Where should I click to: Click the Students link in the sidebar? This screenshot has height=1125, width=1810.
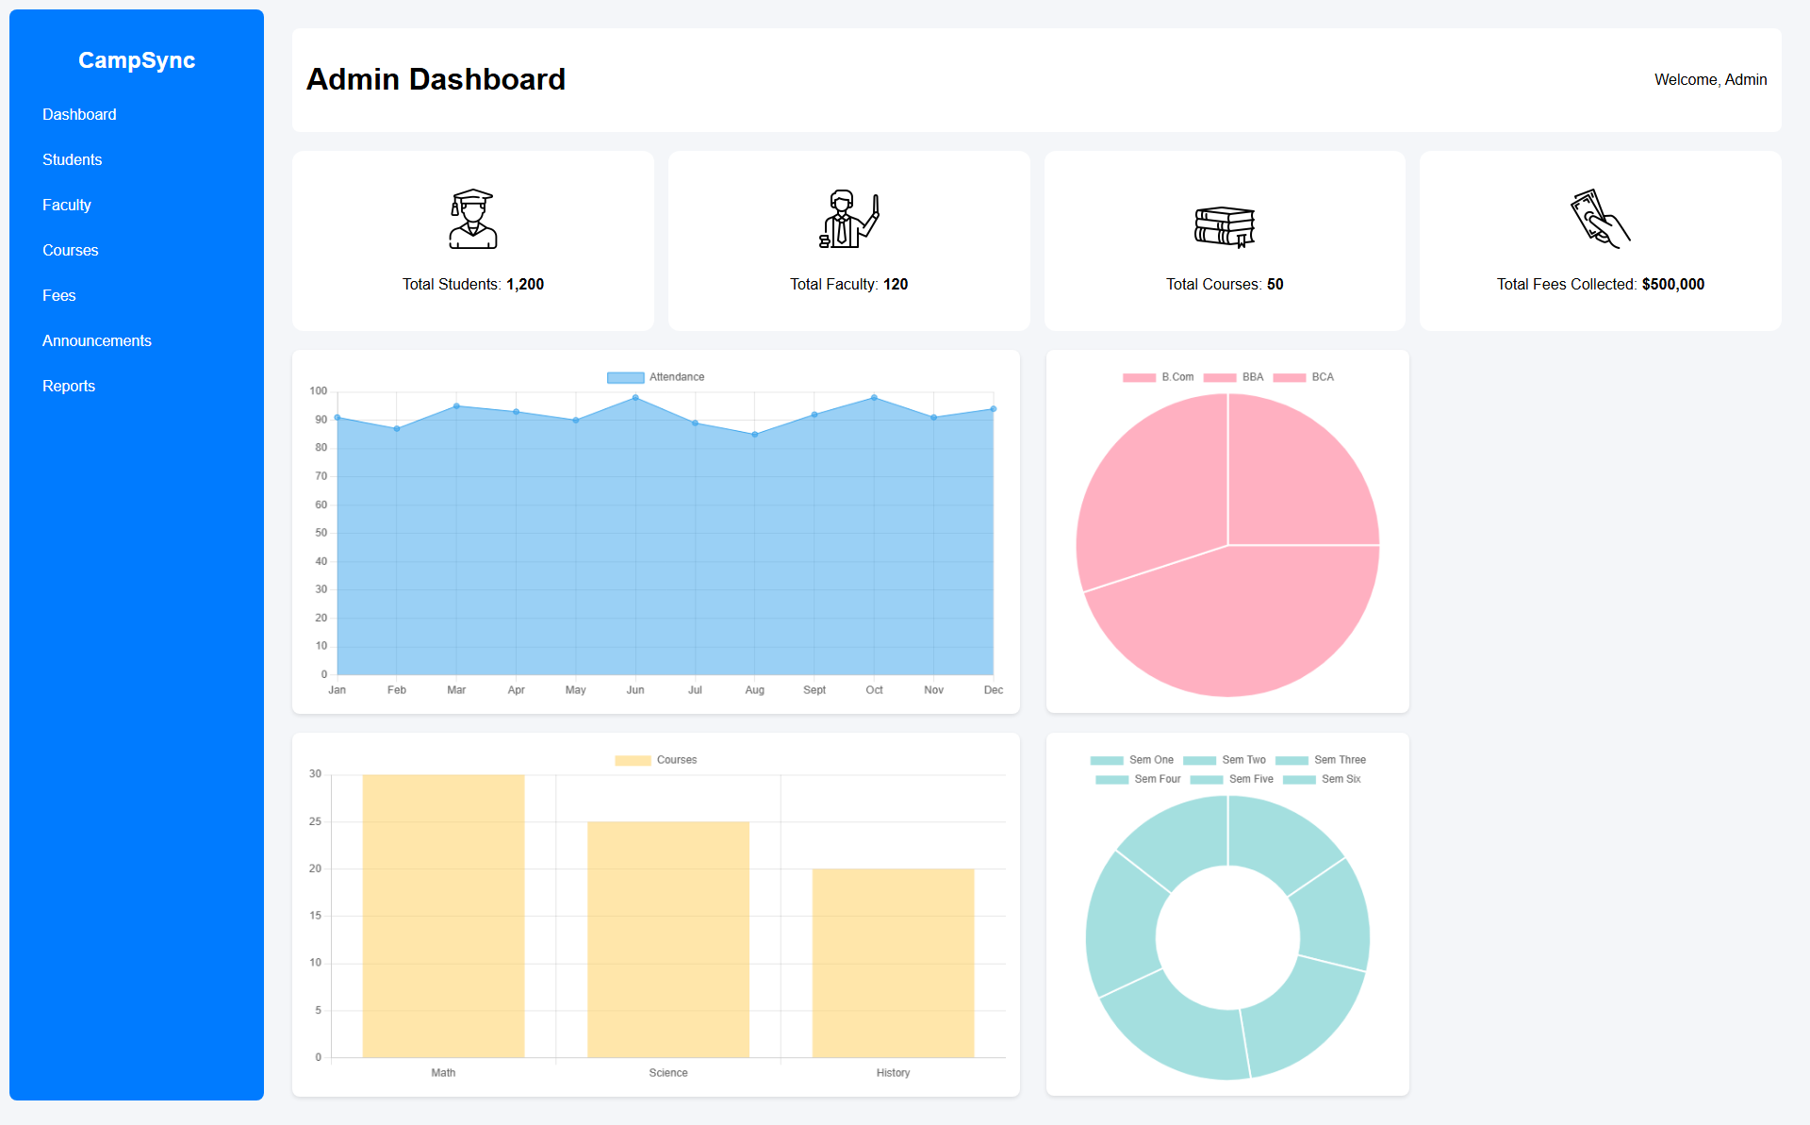tap(72, 159)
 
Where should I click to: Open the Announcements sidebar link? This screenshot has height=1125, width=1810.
tap(96, 340)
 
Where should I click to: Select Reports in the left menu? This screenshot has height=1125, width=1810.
tap(68, 386)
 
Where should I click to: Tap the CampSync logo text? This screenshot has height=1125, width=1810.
tap(137, 60)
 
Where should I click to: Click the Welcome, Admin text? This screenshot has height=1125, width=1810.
tap(1710, 80)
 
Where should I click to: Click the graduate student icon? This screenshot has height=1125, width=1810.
tap(472, 219)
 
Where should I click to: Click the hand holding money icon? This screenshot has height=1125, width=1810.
tap(1600, 219)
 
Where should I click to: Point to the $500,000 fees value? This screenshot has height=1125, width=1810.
tap(1672, 285)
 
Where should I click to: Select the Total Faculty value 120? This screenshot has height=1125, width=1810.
tap(895, 285)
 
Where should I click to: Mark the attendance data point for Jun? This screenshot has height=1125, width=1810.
tap(635, 398)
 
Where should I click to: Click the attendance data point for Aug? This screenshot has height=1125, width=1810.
tap(755, 435)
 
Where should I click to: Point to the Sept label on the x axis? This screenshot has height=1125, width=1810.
tap(814, 690)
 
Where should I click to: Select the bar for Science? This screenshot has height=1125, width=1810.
tap(667, 938)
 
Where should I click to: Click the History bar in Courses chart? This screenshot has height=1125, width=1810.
tap(893, 962)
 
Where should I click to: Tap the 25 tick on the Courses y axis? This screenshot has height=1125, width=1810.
tap(315, 821)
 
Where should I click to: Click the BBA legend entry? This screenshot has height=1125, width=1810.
tap(1234, 377)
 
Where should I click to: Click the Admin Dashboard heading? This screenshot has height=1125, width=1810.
tap(436, 80)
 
